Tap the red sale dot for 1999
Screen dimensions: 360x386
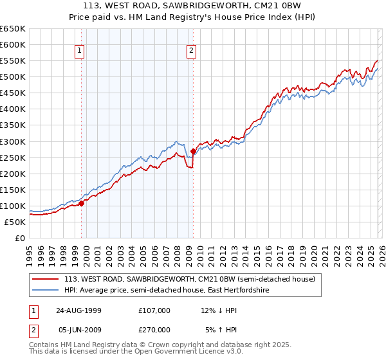82,203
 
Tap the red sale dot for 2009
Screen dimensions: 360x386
193,151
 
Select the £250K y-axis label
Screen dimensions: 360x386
13,157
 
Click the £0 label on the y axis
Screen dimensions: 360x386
21,238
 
